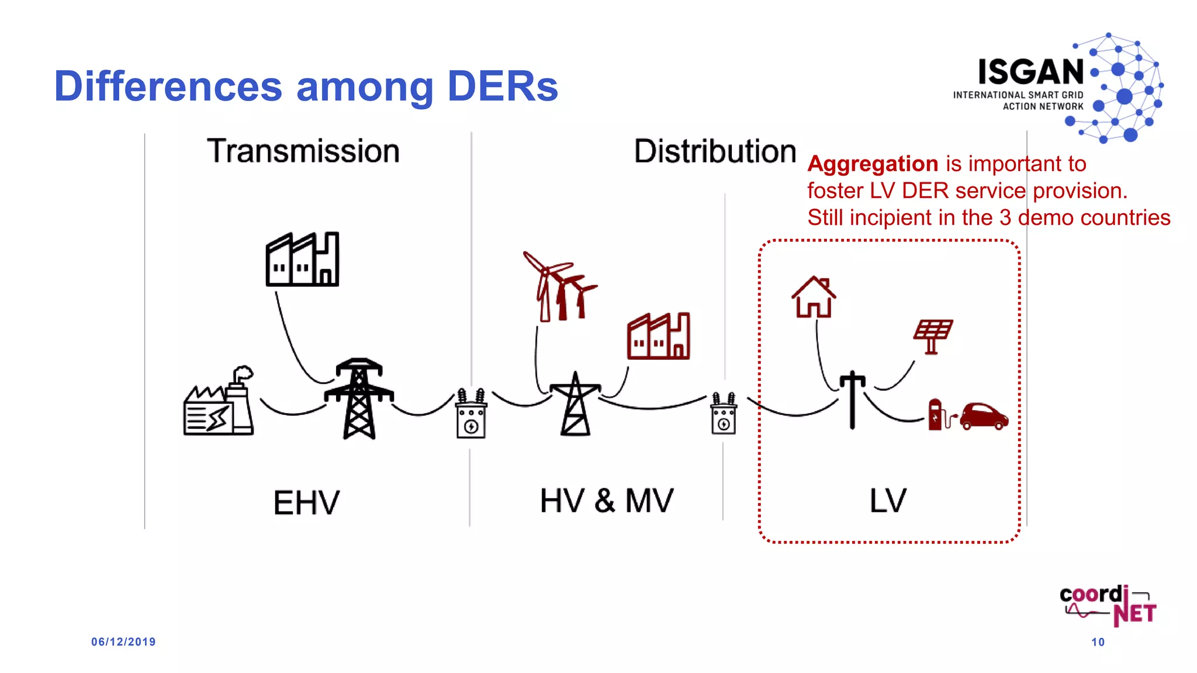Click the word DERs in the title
[502, 86]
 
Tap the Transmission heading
[303, 151]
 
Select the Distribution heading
[715, 151]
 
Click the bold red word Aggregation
[873, 164]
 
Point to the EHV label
[306, 502]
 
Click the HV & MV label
[607, 501]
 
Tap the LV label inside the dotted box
[888, 501]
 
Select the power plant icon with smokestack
[219, 403]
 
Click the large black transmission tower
[359, 398]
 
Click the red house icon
[814, 297]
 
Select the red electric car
[984, 416]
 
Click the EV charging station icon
[936, 414]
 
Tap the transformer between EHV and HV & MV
[471, 414]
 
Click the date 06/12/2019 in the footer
[123, 642]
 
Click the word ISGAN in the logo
[1031, 72]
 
